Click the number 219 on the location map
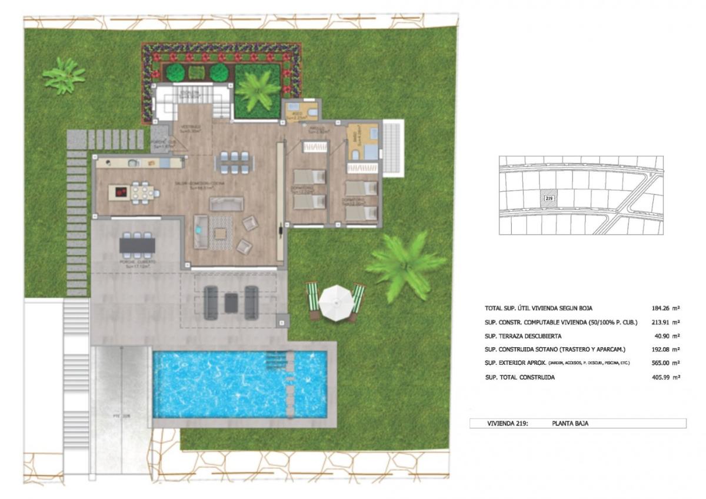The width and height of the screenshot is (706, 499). [x=549, y=199]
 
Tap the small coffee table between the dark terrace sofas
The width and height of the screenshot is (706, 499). [x=231, y=302]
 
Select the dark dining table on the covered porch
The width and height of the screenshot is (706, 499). [x=138, y=243]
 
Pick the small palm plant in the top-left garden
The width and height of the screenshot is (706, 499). [x=64, y=75]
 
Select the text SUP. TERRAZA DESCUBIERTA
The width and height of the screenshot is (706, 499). [x=519, y=336]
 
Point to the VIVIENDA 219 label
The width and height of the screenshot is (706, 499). [x=508, y=423]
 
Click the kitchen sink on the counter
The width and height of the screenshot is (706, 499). [x=132, y=162]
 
